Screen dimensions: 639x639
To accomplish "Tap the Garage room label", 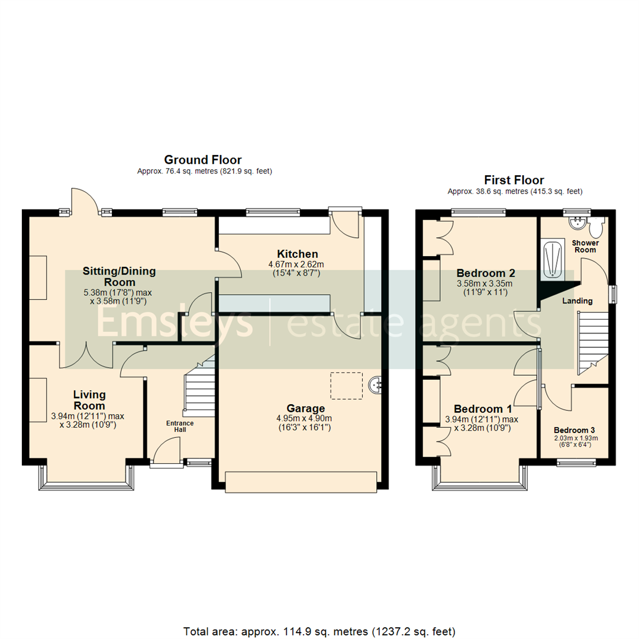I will (305, 408).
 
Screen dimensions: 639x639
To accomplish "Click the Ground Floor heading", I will (202, 160).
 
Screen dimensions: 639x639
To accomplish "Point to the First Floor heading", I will (514, 180).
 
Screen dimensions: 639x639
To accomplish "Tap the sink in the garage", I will (376, 385).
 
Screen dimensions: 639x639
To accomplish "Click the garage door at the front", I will (301, 482).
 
